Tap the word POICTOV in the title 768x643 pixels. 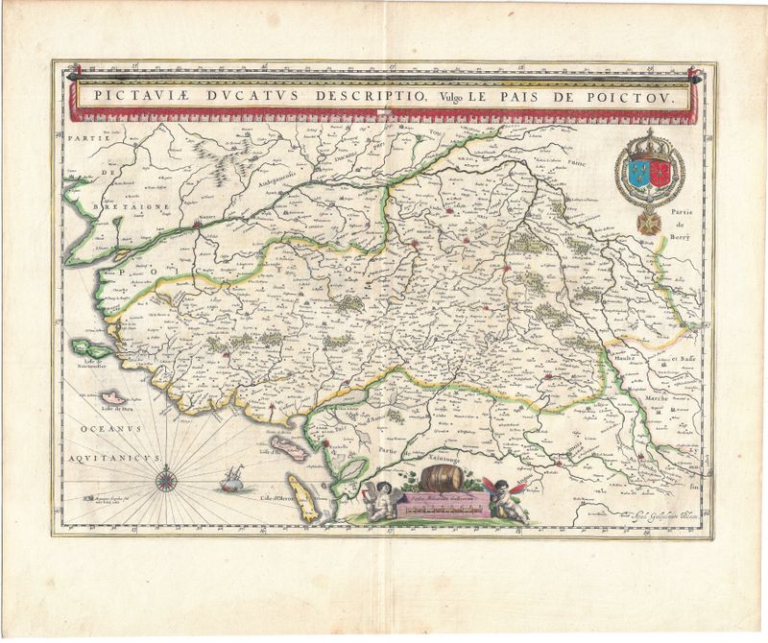coord(638,97)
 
